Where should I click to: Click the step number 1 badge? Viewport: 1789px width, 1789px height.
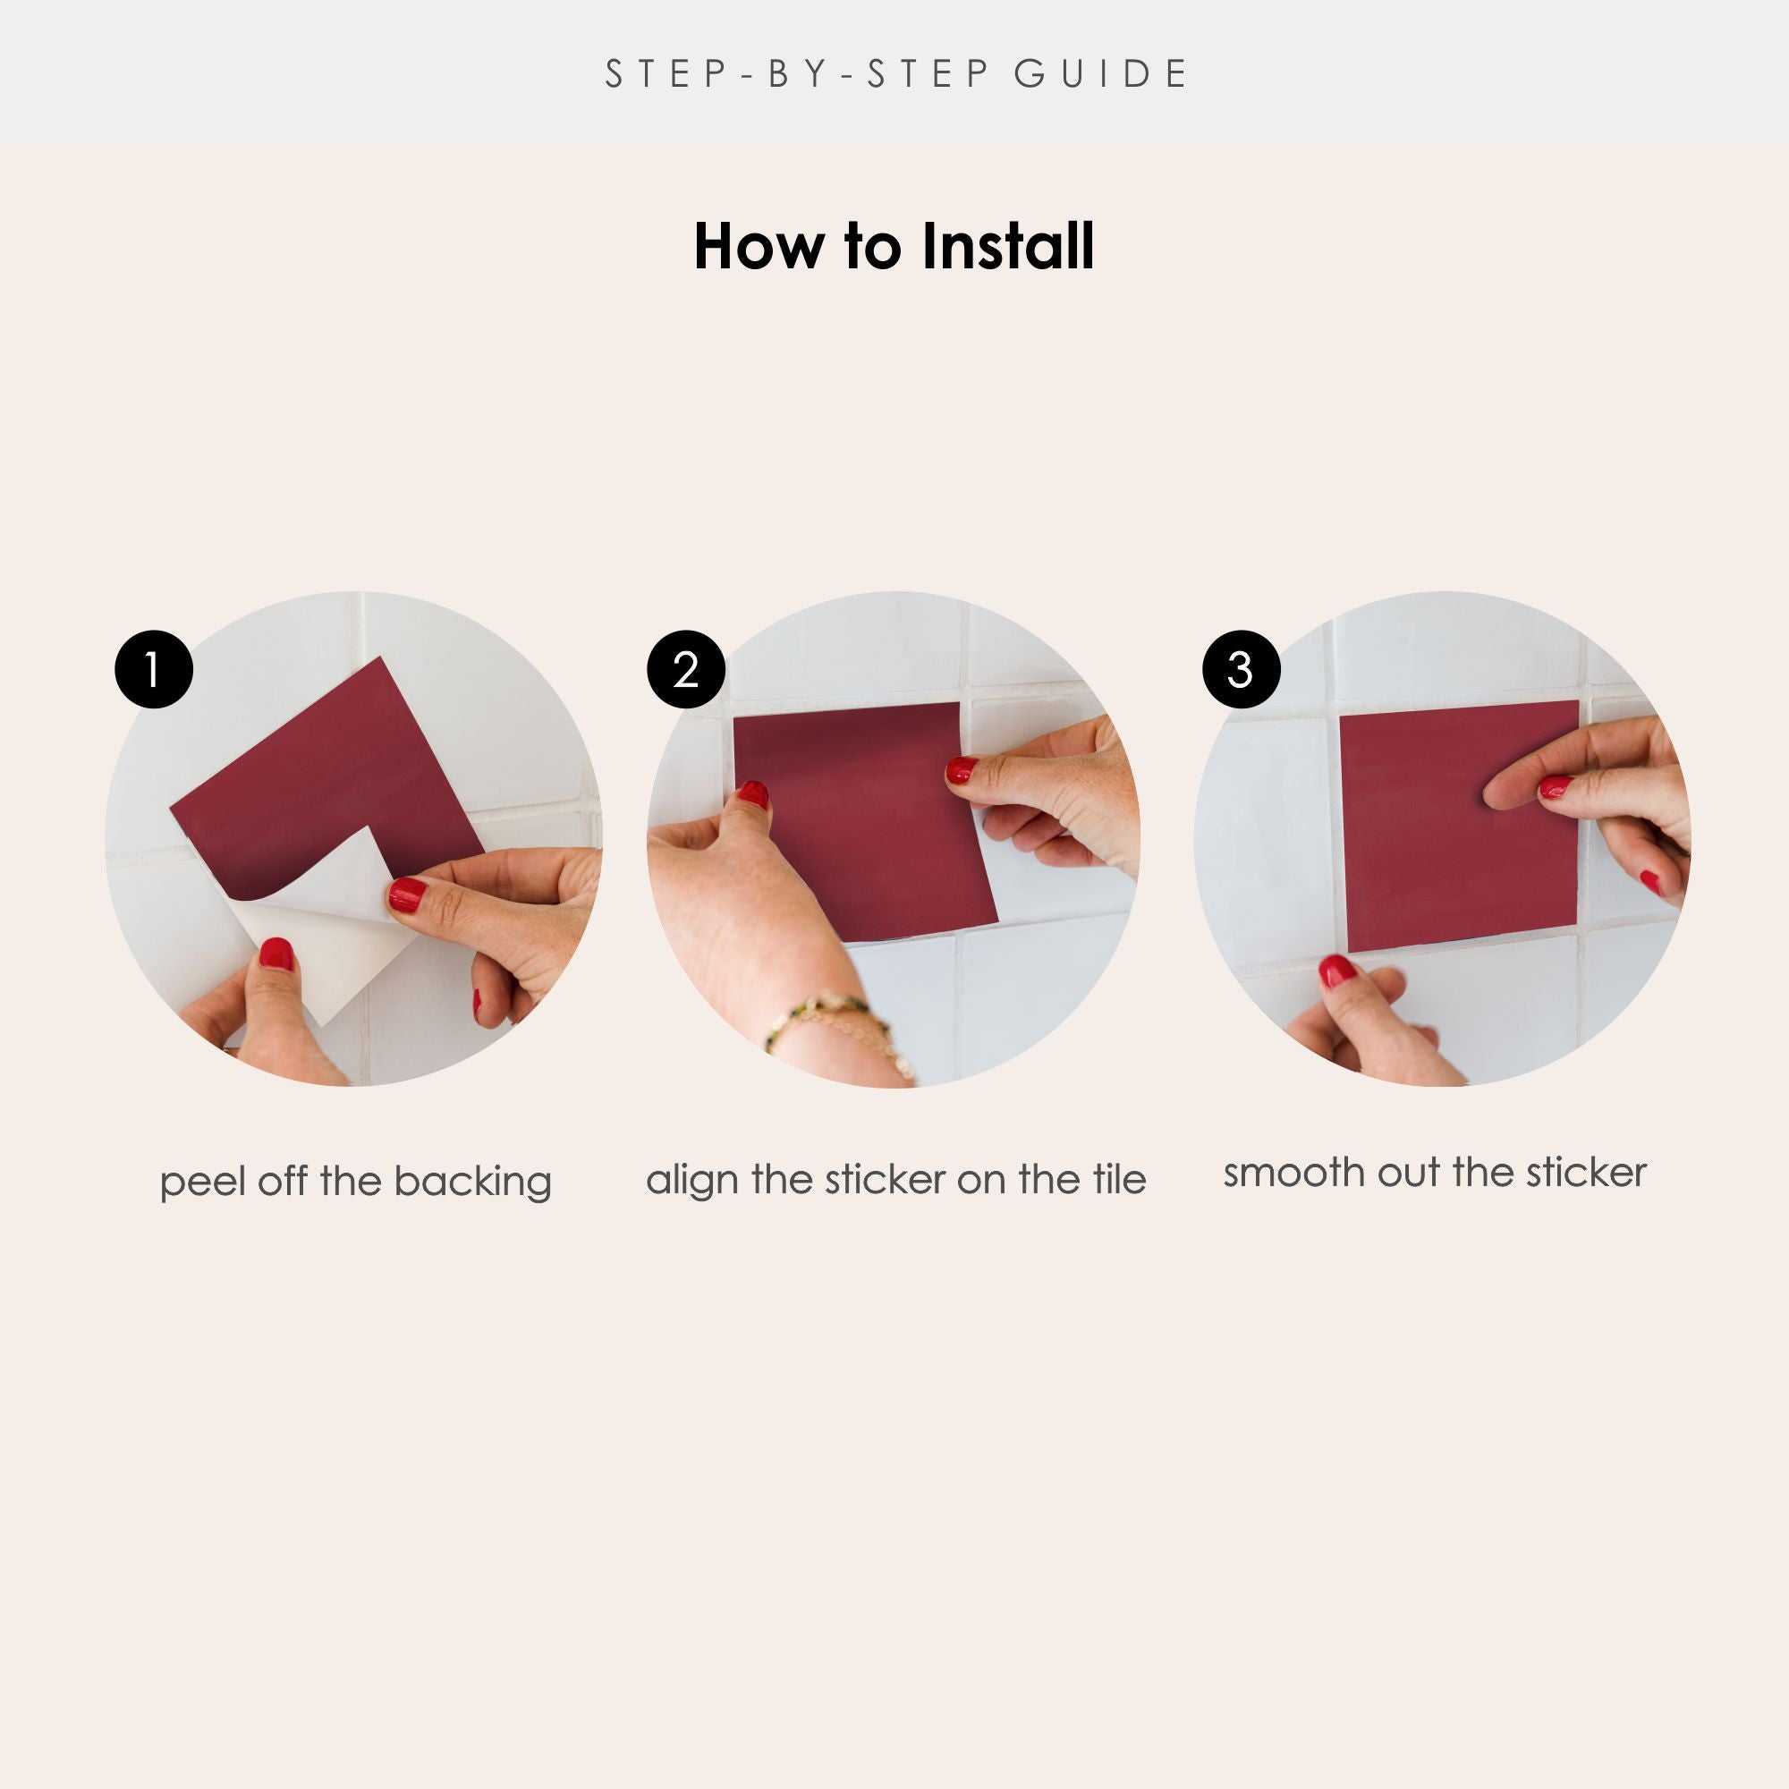[x=154, y=669]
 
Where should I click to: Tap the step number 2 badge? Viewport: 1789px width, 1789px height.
[x=686, y=669]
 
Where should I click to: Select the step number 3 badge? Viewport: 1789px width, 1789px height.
[x=1241, y=669]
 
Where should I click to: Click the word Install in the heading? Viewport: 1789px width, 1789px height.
[x=1008, y=247]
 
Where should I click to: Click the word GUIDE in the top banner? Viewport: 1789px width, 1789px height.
[x=1101, y=74]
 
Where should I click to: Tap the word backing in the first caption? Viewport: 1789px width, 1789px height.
[x=472, y=1183]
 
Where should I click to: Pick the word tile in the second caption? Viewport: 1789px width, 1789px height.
[x=1120, y=1179]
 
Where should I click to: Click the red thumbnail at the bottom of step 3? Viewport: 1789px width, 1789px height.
[x=1337, y=971]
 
